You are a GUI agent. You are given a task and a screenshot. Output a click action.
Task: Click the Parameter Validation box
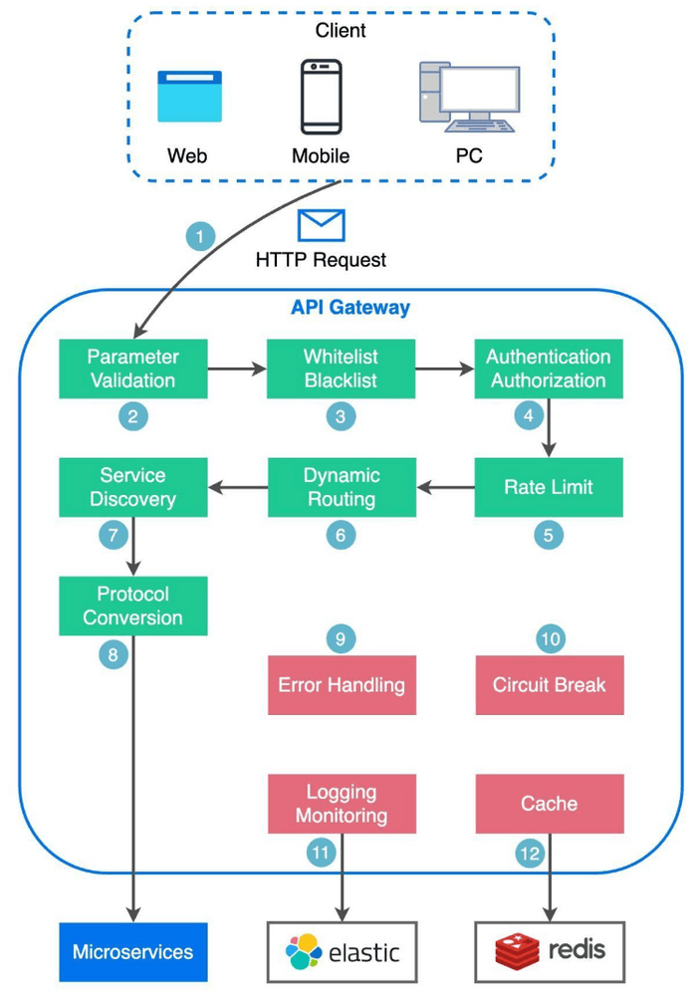tap(132, 369)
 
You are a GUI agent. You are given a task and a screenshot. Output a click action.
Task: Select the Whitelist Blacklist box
tap(341, 369)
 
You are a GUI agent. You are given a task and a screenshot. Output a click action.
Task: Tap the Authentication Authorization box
tap(549, 369)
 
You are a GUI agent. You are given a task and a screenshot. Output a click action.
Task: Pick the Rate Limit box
tap(549, 487)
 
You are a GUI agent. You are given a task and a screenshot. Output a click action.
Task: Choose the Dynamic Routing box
tap(341, 487)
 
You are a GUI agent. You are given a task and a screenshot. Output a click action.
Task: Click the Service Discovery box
tap(132, 487)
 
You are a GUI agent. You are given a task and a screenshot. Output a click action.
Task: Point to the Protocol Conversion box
tap(132, 606)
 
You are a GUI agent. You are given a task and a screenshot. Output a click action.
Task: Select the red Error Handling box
tap(341, 685)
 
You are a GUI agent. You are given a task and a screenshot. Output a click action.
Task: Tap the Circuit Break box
tap(549, 685)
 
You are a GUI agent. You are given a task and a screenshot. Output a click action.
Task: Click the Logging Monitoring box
tap(341, 804)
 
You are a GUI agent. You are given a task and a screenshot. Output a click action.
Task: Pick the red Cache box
tap(549, 804)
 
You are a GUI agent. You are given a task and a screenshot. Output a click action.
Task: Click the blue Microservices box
tap(132, 951)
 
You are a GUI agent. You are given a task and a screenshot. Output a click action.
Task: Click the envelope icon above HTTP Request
tap(321, 225)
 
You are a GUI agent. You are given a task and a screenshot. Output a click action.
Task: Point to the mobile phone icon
tap(321, 97)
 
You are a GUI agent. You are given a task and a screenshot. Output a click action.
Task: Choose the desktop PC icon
tap(468, 97)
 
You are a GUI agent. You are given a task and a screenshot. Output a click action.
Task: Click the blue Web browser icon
tap(189, 97)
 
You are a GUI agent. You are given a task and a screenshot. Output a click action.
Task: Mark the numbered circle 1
tap(201, 237)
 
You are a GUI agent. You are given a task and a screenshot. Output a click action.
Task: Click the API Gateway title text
tap(349, 308)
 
